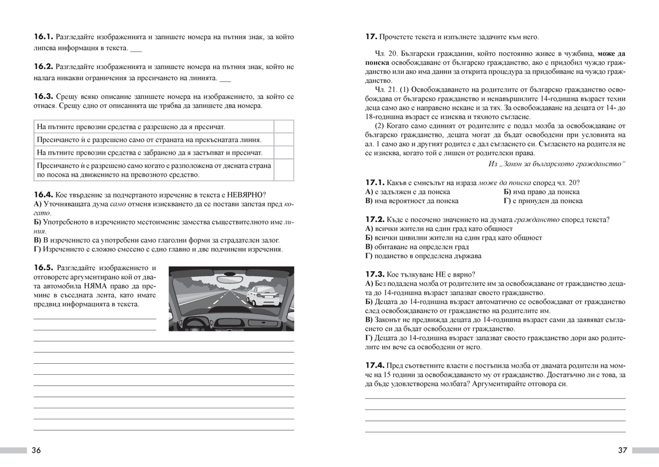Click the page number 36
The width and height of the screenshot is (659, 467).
tap(36, 451)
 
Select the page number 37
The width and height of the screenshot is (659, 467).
tap(622, 451)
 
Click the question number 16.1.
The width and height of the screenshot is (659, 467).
tap(43, 37)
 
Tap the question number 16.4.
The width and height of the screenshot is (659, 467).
tap(43, 194)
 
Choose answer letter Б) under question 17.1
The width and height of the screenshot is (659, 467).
tap(507, 192)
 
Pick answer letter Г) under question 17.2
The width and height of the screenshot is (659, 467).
tap(369, 256)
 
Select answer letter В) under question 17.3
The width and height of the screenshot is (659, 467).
tap(369, 319)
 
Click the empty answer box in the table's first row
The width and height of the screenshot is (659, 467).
tap(283, 126)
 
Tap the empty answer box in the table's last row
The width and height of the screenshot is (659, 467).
tap(283, 170)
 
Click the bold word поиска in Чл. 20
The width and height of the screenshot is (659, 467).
tap(377, 63)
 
